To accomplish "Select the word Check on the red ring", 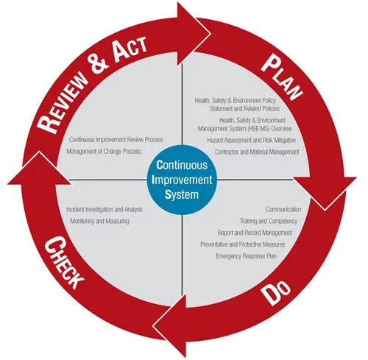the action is tap(64, 262).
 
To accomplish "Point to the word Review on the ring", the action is tap(62, 103).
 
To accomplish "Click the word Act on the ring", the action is tap(130, 50).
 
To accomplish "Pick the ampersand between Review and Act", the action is tap(99, 64).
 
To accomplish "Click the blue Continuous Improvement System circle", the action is tap(182, 180).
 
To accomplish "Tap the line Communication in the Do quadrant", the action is tap(283, 209).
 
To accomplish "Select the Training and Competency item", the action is tap(269, 221).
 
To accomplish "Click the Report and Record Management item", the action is tap(255, 233).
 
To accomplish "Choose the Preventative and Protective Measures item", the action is tap(243, 244).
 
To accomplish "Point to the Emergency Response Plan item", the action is tap(247, 256).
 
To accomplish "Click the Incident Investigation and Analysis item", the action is tap(105, 210).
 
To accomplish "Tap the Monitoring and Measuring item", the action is tap(99, 221).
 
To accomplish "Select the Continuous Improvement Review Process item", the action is tap(116, 140).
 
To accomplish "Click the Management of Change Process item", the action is tap(104, 151).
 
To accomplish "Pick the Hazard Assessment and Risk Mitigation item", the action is tap(252, 141).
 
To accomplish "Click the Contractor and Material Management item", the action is tap(257, 152).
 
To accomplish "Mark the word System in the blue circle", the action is tap(182, 194).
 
